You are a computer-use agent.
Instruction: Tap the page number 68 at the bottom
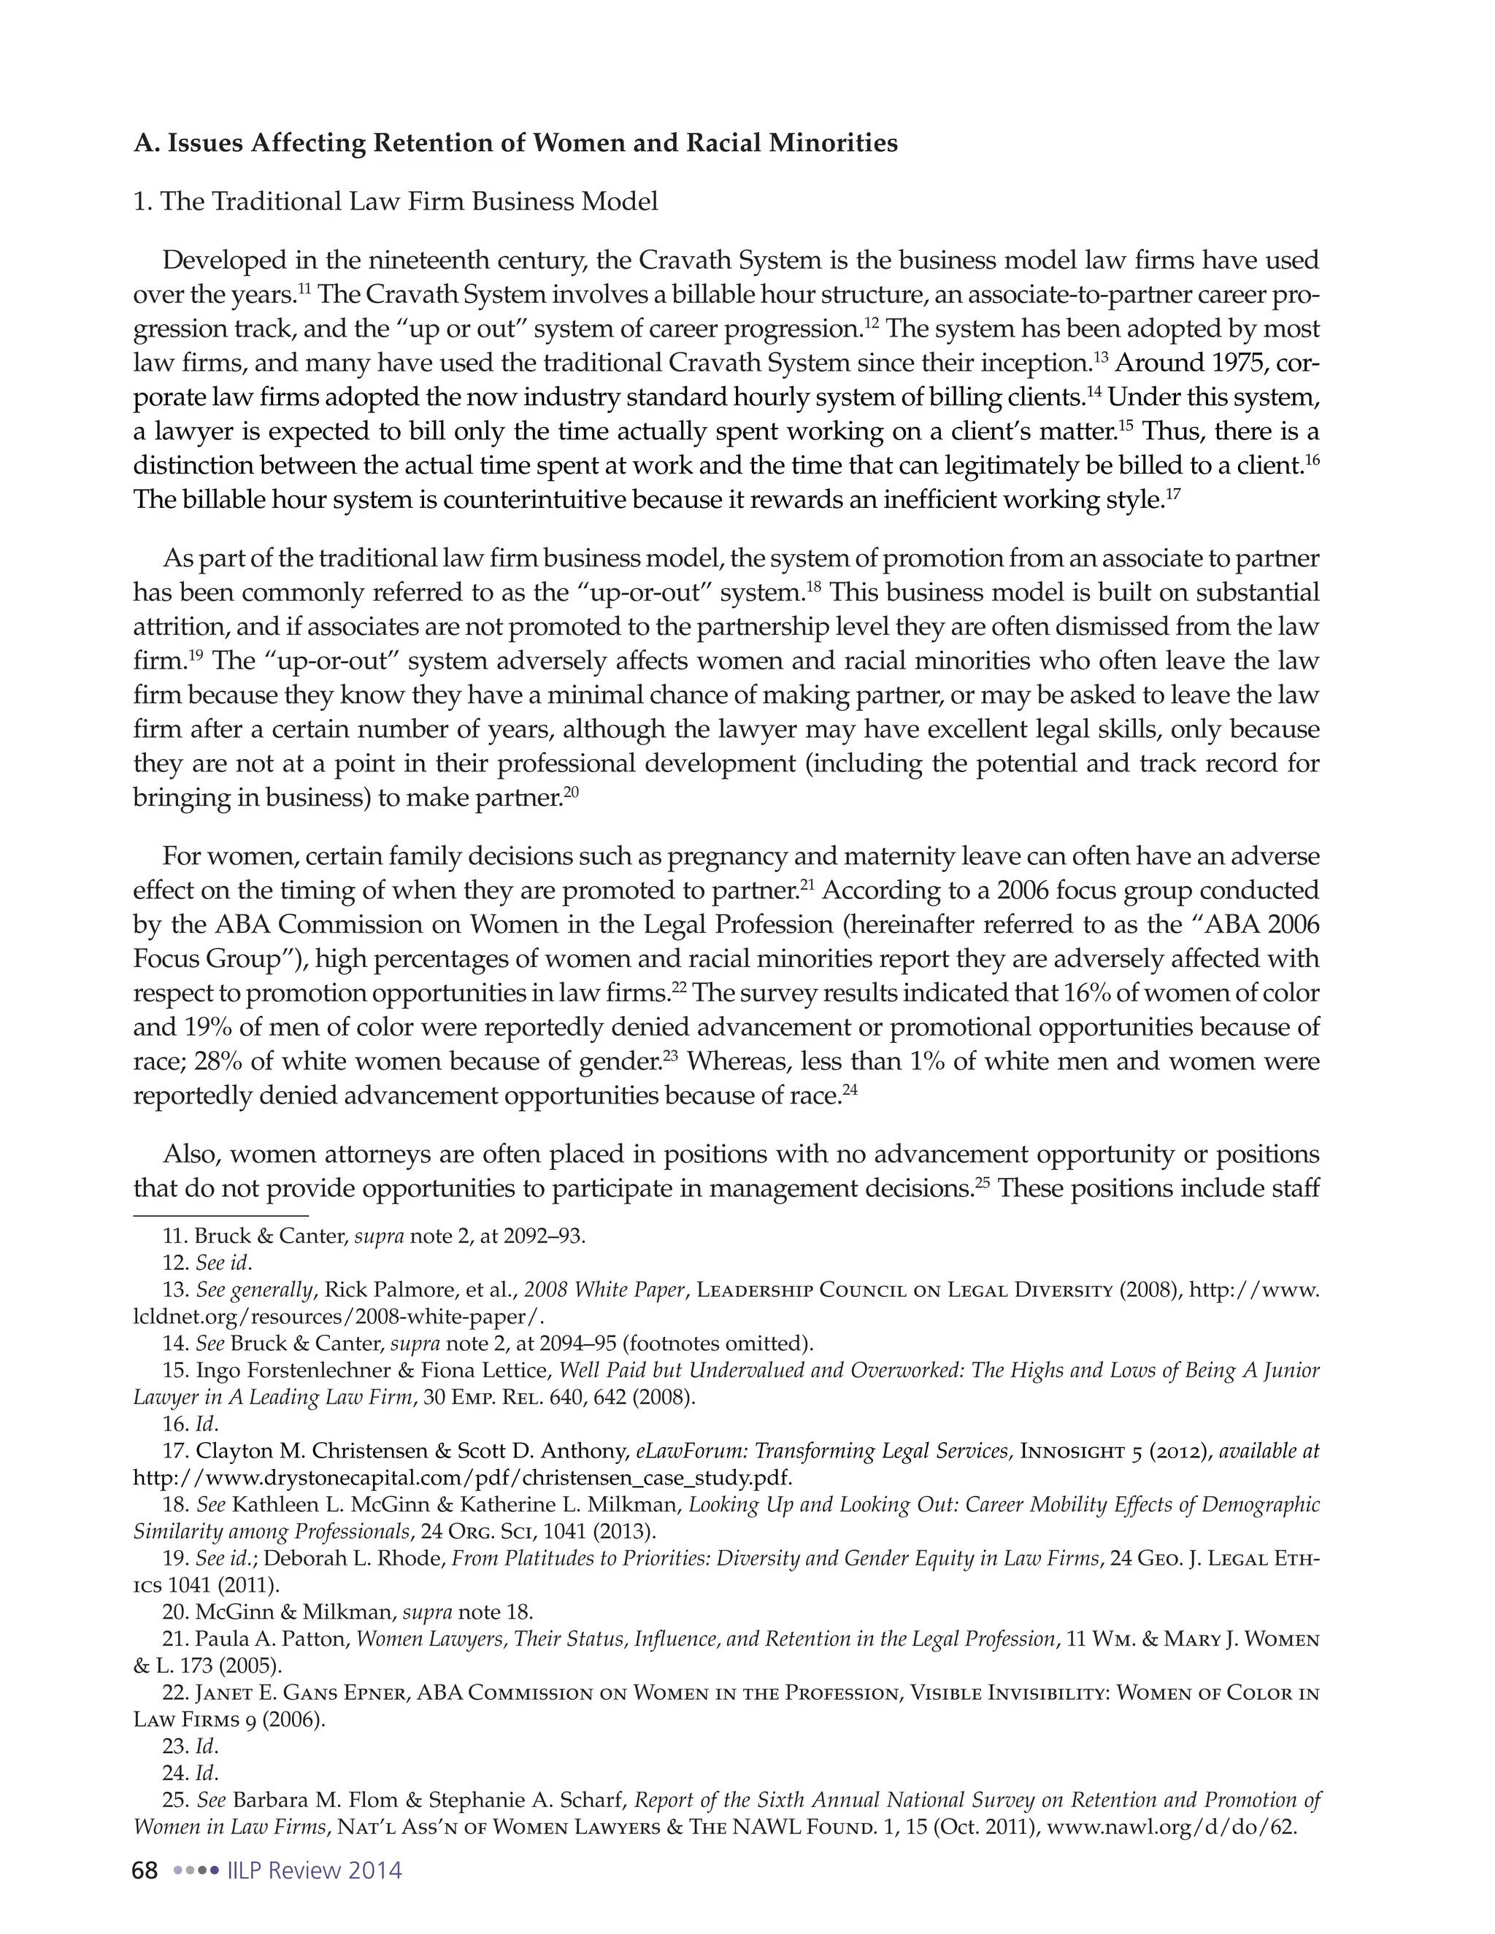[x=145, y=1871]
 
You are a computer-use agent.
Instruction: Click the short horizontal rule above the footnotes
[x=220, y=1216]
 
